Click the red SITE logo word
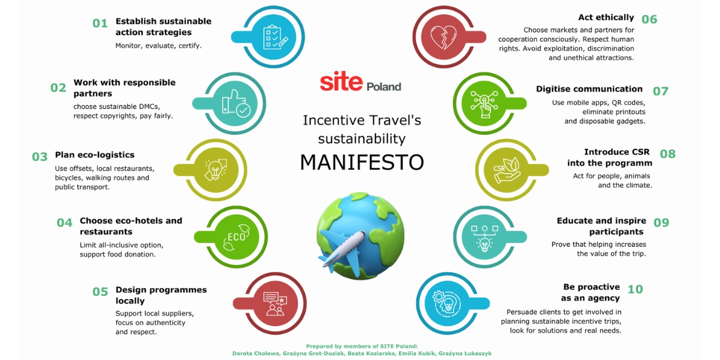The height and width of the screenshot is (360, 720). [x=341, y=82]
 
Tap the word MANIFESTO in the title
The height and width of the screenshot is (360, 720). [x=361, y=162]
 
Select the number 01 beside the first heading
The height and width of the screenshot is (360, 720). [x=100, y=23]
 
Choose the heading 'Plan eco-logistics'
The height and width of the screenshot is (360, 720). [x=94, y=155]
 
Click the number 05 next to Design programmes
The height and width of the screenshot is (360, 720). [x=100, y=292]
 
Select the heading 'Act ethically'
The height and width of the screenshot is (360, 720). [x=606, y=17]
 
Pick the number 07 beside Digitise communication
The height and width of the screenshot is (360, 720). [x=660, y=91]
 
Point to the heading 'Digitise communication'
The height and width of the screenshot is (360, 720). [x=589, y=89]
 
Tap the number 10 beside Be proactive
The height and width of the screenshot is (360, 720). [x=634, y=289]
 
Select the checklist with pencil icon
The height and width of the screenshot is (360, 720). [x=274, y=38]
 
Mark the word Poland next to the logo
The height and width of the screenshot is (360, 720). [x=383, y=87]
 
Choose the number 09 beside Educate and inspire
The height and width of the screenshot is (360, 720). [x=660, y=223]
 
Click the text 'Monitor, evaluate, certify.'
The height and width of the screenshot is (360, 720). [x=158, y=46]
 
